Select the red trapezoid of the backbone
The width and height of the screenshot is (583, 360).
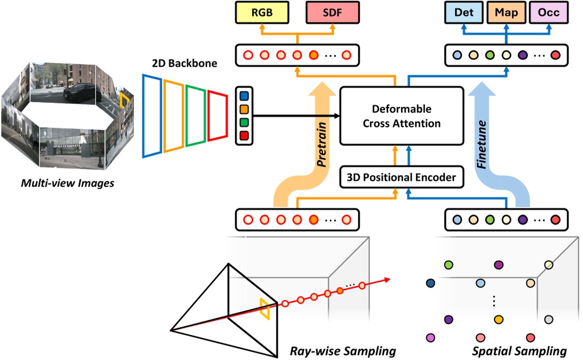(217, 116)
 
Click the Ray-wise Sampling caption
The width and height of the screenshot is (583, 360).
(343, 351)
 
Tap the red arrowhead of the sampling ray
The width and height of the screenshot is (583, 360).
(387, 279)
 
